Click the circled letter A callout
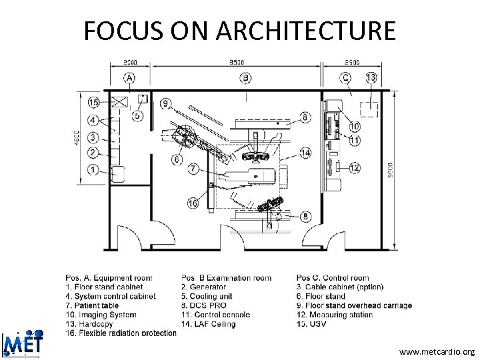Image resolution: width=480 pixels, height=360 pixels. click(129, 78)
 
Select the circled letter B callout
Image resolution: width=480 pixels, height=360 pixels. click(246, 78)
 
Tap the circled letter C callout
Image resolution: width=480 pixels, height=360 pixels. click(345, 78)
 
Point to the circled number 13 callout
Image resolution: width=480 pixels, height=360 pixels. click(371, 78)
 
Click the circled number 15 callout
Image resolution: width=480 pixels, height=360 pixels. click(93, 103)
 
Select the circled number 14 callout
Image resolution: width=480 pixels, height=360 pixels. click(305, 153)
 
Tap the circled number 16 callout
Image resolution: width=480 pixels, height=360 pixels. click(193, 203)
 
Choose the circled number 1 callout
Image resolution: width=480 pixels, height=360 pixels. click(93, 171)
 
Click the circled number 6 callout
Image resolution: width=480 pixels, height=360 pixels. click(177, 159)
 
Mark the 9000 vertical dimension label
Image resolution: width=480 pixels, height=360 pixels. click(391, 167)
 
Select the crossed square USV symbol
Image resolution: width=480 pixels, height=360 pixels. click(120, 102)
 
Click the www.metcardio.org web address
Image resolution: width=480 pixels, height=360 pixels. click(437, 351)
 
